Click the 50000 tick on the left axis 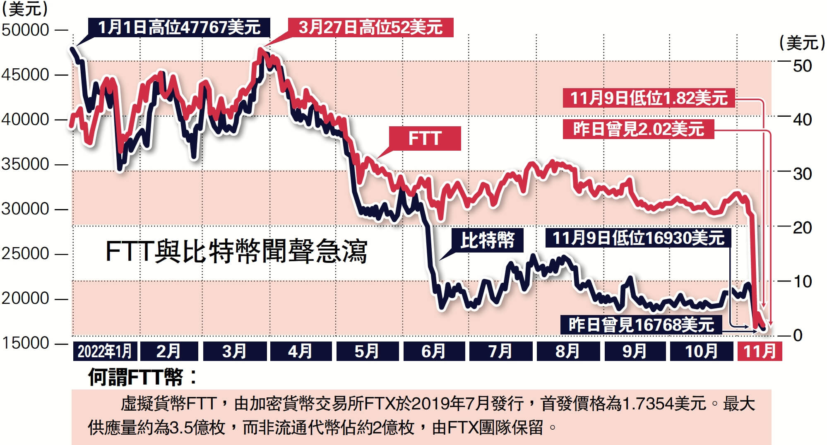[x=26, y=30]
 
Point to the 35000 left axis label [x=26, y=164]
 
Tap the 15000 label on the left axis [x=26, y=343]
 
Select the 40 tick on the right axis [x=802, y=120]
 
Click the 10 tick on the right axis [x=802, y=282]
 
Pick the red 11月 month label [x=760, y=351]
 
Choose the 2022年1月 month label [x=105, y=351]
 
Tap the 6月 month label [x=433, y=351]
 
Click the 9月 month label [x=635, y=351]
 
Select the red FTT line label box [x=425, y=138]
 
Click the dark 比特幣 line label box [x=488, y=240]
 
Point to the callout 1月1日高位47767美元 [x=179, y=28]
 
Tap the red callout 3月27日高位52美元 [x=371, y=28]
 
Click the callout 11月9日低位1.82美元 [x=649, y=98]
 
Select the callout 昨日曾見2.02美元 [x=638, y=129]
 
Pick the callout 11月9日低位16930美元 [x=638, y=238]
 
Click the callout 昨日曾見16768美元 [x=641, y=325]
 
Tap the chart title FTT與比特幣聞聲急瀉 [x=236, y=251]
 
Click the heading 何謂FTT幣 [x=143, y=377]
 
